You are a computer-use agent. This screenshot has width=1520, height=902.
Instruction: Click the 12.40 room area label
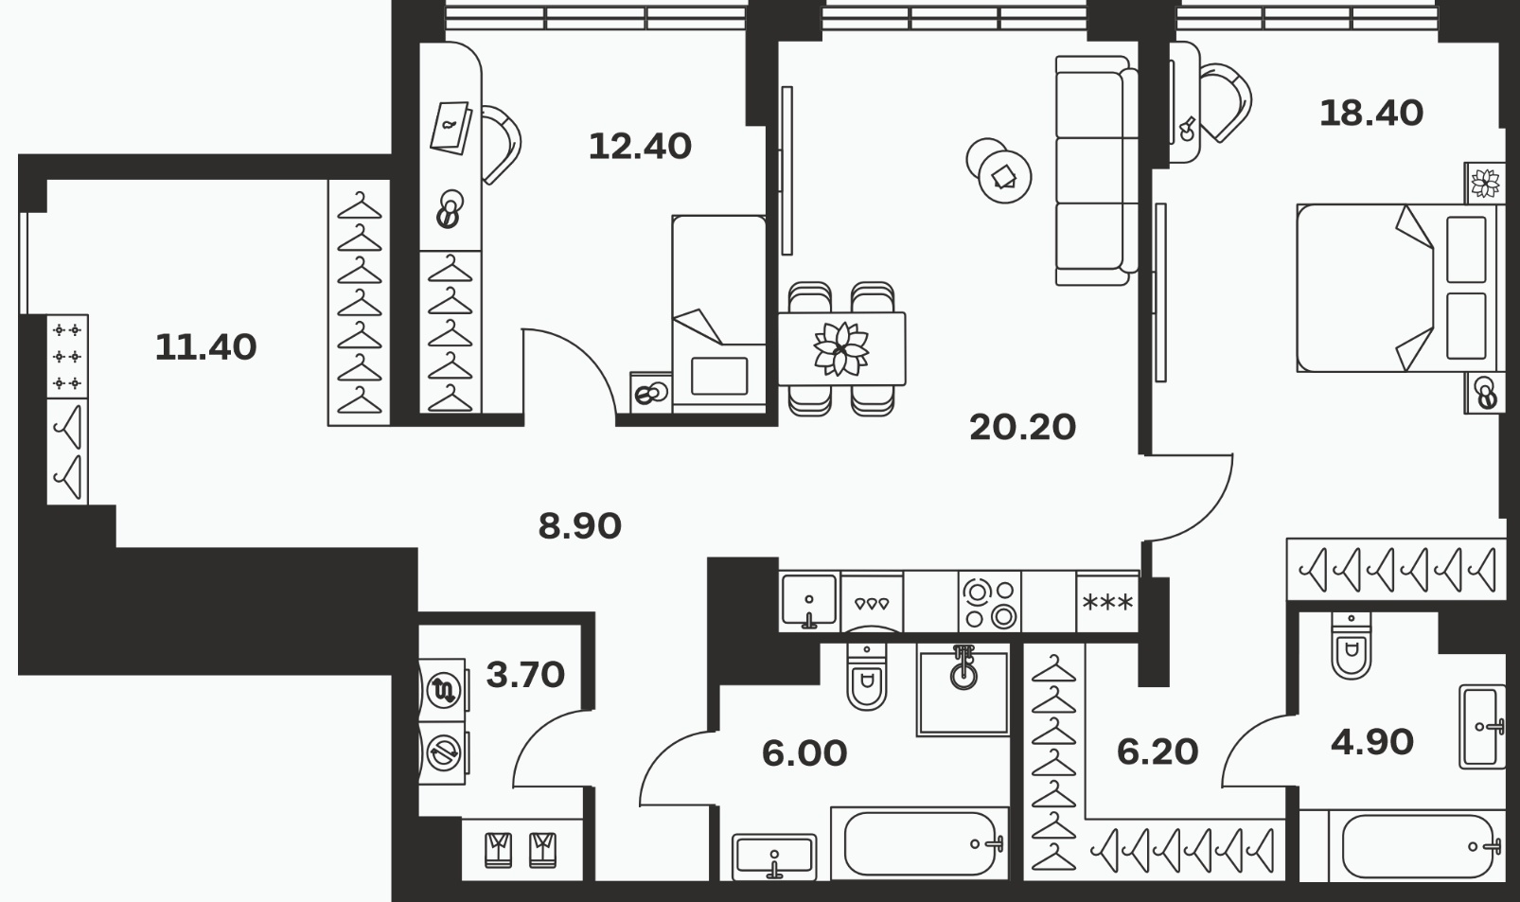[640, 147]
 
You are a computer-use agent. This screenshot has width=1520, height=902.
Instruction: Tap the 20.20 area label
[1022, 428]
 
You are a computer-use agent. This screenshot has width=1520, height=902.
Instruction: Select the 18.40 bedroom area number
[1371, 114]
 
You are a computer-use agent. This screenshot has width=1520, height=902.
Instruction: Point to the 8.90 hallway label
[579, 526]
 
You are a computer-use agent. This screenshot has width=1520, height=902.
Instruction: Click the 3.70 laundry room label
[525, 675]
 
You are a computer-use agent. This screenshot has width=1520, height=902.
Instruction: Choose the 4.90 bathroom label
[1372, 742]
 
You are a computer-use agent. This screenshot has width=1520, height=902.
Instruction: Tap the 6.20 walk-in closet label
[1158, 752]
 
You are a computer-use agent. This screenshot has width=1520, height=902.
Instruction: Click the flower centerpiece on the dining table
[841, 349]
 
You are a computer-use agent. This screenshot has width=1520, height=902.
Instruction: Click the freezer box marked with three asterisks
[1107, 603]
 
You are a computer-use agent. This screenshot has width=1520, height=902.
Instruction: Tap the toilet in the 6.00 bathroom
[867, 676]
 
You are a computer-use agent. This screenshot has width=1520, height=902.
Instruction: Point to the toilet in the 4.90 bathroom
[1351, 646]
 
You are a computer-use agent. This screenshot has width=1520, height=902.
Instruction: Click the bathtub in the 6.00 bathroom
[920, 843]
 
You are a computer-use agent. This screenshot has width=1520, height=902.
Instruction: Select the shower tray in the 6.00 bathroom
[963, 691]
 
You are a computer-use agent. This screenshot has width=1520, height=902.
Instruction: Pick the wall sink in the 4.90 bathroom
[1482, 726]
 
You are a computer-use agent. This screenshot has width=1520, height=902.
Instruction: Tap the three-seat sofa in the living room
[1097, 170]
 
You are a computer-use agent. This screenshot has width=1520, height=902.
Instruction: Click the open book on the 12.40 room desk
[451, 128]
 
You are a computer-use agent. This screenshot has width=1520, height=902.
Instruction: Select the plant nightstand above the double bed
[1485, 184]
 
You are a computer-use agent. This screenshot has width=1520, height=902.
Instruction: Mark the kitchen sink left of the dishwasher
[809, 601]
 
